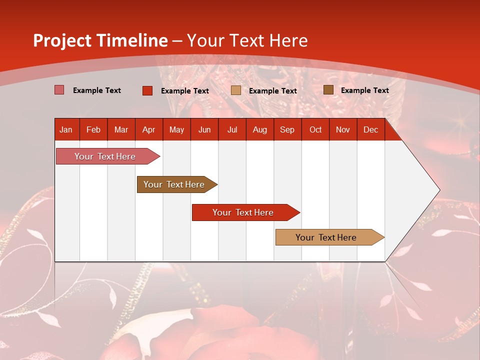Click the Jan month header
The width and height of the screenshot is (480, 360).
(x=66, y=130)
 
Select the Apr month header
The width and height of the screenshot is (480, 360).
(x=149, y=130)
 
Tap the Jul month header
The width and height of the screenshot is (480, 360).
(x=232, y=130)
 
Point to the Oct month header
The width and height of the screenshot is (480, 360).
(x=315, y=130)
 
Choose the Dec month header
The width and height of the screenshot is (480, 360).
(x=370, y=130)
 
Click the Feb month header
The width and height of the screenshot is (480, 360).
(x=93, y=130)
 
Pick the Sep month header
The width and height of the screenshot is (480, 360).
(x=287, y=130)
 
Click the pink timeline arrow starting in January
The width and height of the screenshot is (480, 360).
(x=108, y=156)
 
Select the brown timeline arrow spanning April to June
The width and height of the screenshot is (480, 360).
(x=177, y=184)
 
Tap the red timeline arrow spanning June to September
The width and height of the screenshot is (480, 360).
(x=246, y=212)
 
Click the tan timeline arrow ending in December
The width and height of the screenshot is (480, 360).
(x=330, y=237)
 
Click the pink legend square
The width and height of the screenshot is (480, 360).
(x=59, y=90)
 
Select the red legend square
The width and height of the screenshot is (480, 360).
(x=147, y=90)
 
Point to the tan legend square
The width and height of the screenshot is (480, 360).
(x=235, y=90)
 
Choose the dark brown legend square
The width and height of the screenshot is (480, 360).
(x=328, y=90)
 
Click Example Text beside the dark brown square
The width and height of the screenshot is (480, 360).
(x=365, y=90)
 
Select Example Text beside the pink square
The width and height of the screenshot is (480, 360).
(x=96, y=90)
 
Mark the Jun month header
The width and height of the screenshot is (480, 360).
(x=204, y=130)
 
